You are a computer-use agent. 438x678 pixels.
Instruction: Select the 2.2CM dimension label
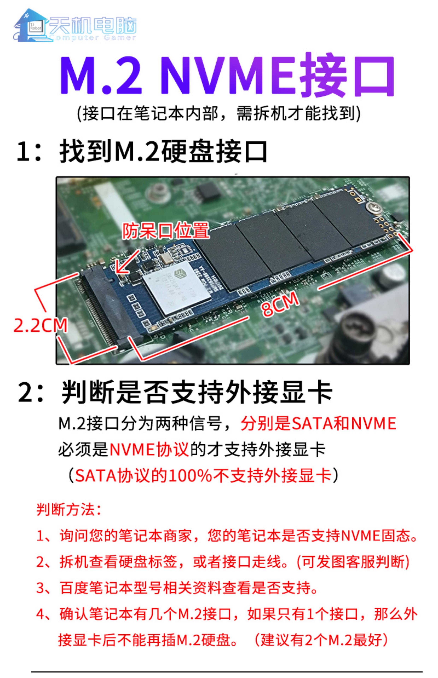click(x=41, y=326)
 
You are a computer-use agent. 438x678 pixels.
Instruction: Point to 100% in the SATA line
click(x=190, y=476)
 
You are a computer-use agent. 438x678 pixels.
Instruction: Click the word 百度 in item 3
click(x=74, y=588)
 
